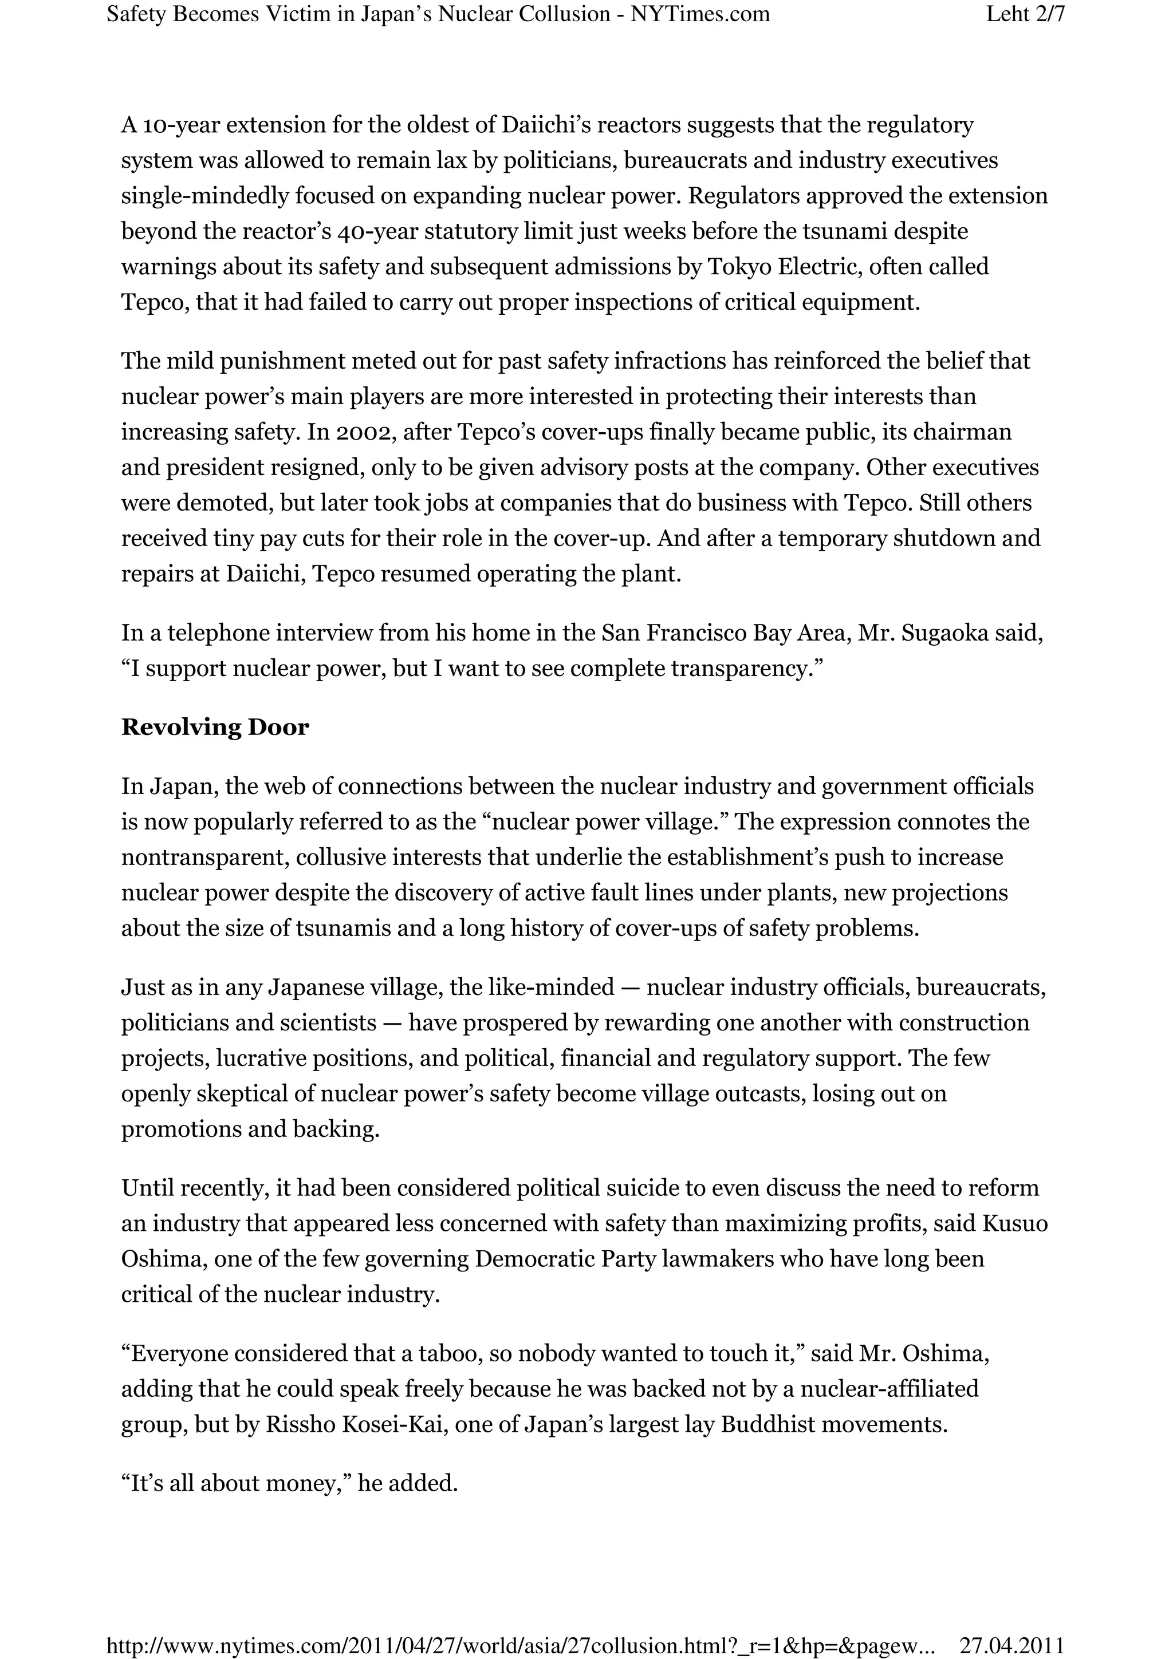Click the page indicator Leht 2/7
click(x=1025, y=14)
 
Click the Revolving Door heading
click(x=215, y=727)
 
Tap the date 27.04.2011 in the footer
click(x=1011, y=1645)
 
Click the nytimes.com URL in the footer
click(x=521, y=1645)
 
